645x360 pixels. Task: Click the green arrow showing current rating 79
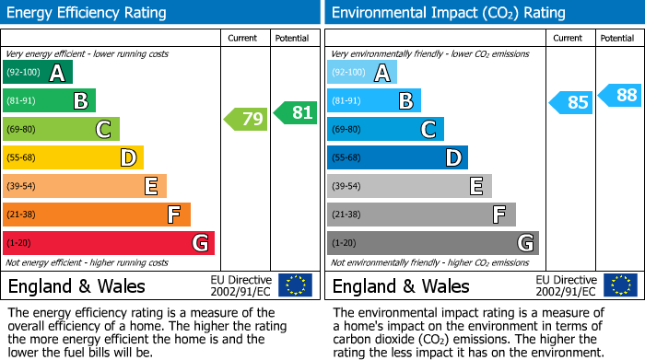(x=244, y=119)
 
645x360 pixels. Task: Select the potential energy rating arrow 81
(x=295, y=112)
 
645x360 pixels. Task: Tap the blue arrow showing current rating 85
(x=570, y=102)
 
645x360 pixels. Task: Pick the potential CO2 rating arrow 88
(x=620, y=95)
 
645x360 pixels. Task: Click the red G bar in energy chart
(x=109, y=243)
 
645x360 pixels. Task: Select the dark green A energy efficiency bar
(x=38, y=73)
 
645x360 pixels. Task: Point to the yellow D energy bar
(x=73, y=158)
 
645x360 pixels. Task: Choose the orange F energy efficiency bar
(x=97, y=215)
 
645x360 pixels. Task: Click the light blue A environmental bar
(x=362, y=73)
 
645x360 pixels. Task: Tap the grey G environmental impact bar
(x=432, y=243)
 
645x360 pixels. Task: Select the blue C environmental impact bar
(x=385, y=130)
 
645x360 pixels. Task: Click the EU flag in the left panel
(x=295, y=285)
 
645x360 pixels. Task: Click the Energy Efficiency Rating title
(x=88, y=13)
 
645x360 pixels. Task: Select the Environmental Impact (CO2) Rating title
(x=448, y=13)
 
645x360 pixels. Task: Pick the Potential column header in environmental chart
(x=616, y=39)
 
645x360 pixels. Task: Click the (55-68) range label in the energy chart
(x=22, y=158)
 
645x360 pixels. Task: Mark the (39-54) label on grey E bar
(x=346, y=187)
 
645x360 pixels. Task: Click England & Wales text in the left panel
(x=76, y=285)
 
